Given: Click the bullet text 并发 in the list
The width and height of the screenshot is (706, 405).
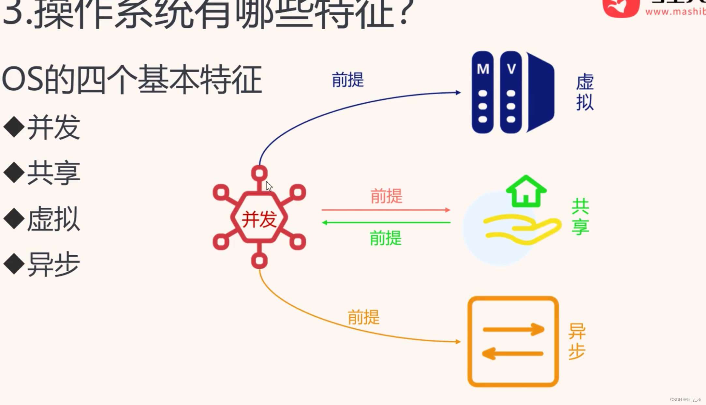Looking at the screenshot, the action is click(53, 127).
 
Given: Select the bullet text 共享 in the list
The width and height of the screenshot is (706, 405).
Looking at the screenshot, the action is click(53, 173).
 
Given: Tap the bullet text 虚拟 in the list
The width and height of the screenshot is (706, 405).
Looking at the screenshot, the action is click(53, 218).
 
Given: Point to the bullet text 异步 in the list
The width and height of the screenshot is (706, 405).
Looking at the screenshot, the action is click(53, 264).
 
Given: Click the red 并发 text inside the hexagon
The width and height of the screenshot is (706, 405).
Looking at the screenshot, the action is click(259, 219).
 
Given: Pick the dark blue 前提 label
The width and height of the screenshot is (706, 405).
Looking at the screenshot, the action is click(348, 80).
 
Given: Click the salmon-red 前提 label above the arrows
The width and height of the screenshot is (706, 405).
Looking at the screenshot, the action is click(387, 196).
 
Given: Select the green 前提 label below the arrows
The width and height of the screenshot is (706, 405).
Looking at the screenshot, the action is click(386, 238).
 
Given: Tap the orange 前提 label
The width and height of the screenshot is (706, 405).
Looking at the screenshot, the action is click(364, 317).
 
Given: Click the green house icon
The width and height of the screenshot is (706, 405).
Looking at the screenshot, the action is click(526, 192).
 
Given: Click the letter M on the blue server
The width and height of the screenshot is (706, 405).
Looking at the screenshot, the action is click(483, 69).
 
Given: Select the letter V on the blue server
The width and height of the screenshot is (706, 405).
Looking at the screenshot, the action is click(511, 69).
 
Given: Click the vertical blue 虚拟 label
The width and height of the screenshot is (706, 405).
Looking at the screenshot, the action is click(585, 92).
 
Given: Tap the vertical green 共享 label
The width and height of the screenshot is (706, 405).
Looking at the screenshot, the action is click(581, 217).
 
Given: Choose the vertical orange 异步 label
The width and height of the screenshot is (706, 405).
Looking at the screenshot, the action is click(577, 341).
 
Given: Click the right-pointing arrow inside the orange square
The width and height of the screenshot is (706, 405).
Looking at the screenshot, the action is click(513, 329).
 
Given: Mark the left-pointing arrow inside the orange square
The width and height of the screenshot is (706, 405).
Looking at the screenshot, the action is click(512, 353).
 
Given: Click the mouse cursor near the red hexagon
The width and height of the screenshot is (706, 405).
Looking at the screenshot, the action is click(269, 186).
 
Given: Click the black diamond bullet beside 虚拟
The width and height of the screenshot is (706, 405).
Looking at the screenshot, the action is click(14, 218).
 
